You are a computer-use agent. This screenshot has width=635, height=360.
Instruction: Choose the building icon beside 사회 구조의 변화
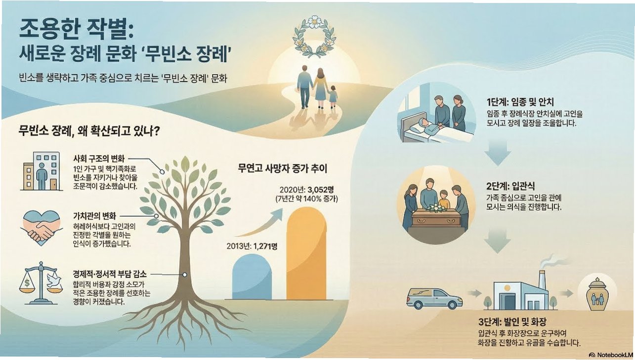click(x=42, y=171)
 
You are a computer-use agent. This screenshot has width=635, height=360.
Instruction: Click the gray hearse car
click(x=434, y=297)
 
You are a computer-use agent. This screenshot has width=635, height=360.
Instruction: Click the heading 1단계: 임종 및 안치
click(x=520, y=103)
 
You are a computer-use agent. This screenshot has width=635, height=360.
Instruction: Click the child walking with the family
click(x=333, y=96)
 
